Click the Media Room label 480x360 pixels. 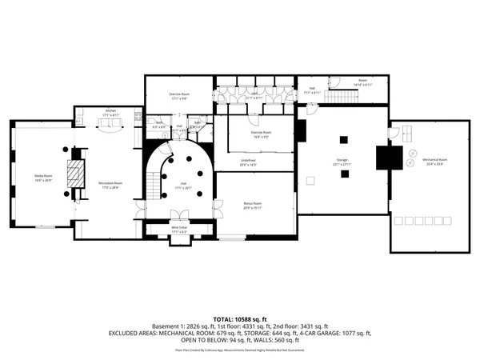(42, 177)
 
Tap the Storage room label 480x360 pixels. (342, 162)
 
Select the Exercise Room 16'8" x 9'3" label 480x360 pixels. (262, 134)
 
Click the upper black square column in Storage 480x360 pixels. (343, 139)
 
